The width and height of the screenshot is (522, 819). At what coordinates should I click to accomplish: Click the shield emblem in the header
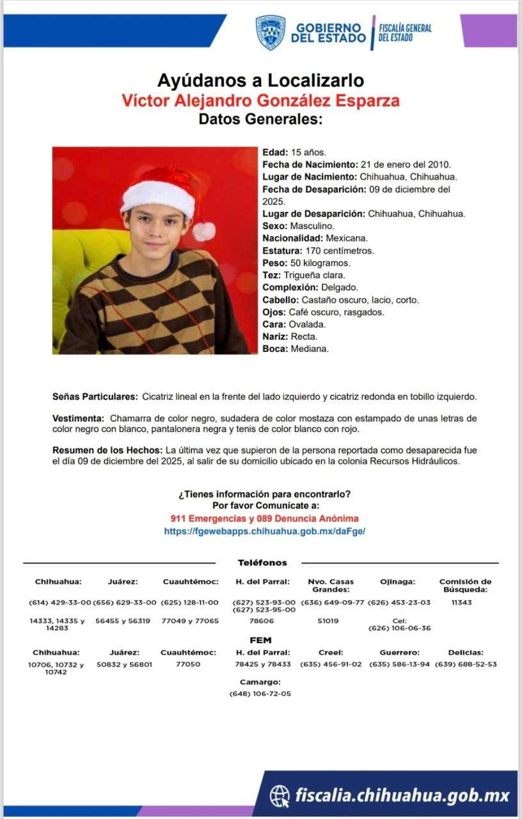pyautogui.click(x=271, y=32)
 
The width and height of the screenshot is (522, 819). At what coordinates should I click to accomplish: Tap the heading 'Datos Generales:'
pyautogui.click(x=260, y=119)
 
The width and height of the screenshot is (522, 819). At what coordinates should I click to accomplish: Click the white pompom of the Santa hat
pyautogui.click(x=204, y=231)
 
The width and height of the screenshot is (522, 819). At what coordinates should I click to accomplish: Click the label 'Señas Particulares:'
pyautogui.click(x=95, y=397)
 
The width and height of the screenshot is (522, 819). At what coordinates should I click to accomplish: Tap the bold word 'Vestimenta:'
pyautogui.click(x=77, y=418)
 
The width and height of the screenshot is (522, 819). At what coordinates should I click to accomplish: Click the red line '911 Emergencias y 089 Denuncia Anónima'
pyautogui.click(x=265, y=518)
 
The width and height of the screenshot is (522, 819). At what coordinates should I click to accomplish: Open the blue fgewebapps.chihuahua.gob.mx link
pyautogui.click(x=265, y=531)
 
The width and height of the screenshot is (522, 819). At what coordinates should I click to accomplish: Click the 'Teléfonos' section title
pyautogui.click(x=262, y=563)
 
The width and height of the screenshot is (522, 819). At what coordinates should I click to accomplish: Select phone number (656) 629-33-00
pyautogui.click(x=125, y=603)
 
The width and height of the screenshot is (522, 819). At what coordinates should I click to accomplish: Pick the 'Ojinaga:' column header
pyautogui.click(x=397, y=582)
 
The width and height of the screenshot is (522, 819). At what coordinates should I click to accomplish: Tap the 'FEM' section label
pyautogui.click(x=260, y=640)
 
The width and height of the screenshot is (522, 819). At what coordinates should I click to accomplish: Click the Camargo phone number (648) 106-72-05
pyautogui.click(x=260, y=694)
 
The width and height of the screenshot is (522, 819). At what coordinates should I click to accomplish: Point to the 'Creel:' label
pyautogui.click(x=331, y=653)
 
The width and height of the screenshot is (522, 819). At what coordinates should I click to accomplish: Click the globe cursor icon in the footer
pyautogui.click(x=280, y=796)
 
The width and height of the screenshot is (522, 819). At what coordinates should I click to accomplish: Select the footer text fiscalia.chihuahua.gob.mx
pyautogui.click(x=402, y=796)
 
